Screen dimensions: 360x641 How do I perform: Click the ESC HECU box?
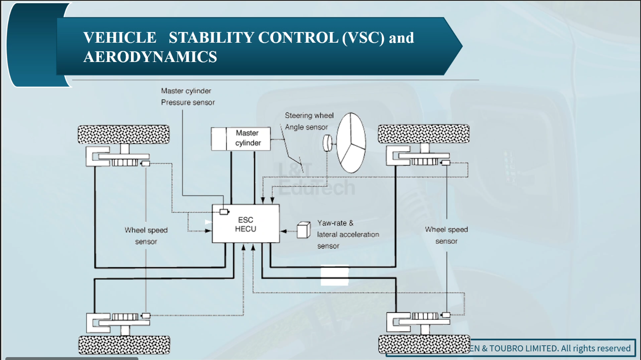pyautogui.click(x=246, y=224)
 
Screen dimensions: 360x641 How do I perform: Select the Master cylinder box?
pyautogui.click(x=241, y=139)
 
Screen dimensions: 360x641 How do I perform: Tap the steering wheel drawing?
pyautogui.click(x=351, y=142)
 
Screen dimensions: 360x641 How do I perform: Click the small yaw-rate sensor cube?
pyautogui.click(x=303, y=230)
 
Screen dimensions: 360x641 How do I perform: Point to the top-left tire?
pyautogui.click(x=124, y=134)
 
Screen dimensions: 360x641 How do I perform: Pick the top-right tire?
pyautogui.click(x=423, y=134)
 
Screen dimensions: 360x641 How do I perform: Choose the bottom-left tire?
pyautogui.click(x=124, y=344)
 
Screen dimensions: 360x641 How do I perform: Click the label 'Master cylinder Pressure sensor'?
pyautogui.click(x=188, y=97)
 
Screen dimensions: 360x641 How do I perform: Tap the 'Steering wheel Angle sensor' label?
pyautogui.click(x=309, y=122)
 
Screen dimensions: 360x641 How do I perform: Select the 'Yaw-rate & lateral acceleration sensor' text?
pyautogui.click(x=347, y=234)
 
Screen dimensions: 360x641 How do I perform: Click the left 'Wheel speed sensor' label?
pyautogui.click(x=146, y=236)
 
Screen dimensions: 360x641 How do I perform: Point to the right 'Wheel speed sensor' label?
pyautogui.click(x=446, y=235)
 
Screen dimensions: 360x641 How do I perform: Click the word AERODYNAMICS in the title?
pyautogui.click(x=150, y=57)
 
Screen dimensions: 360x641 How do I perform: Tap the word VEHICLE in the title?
pyautogui.click(x=119, y=38)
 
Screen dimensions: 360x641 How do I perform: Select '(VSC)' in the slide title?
pyautogui.click(x=363, y=38)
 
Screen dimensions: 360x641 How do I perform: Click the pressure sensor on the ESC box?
pyautogui.click(x=224, y=212)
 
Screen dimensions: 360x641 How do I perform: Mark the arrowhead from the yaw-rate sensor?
pyautogui.click(x=283, y=231)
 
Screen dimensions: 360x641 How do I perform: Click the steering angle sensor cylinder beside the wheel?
pyautogui.click(x=327, y=143)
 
